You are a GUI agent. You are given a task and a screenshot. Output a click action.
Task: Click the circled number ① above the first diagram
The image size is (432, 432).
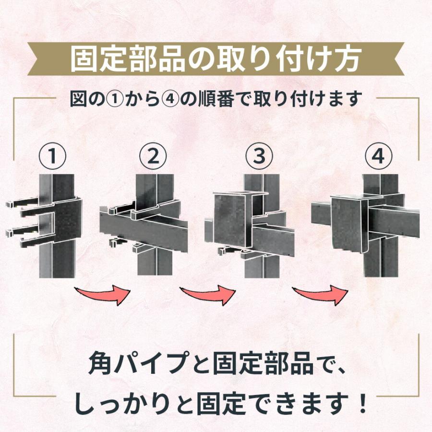click(x=52, y=156)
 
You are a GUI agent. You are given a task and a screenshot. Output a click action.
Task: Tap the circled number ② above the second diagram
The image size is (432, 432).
click(x=153, y=156)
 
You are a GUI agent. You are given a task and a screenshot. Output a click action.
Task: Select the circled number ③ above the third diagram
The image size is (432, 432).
click(x=258, y=156)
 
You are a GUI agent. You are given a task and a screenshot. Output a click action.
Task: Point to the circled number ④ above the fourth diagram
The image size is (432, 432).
click(x=378, y=156)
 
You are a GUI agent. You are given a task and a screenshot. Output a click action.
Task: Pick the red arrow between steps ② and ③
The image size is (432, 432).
click(x=208, y=294)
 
